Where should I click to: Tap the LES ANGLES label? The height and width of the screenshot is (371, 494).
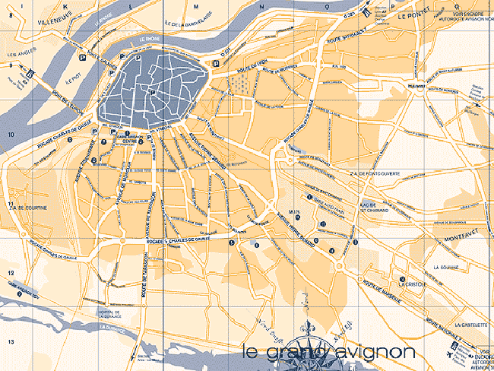coord(21,55)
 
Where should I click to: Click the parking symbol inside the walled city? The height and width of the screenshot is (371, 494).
coord(153,93)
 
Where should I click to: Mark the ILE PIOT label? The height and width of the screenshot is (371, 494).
coord(73,78)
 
